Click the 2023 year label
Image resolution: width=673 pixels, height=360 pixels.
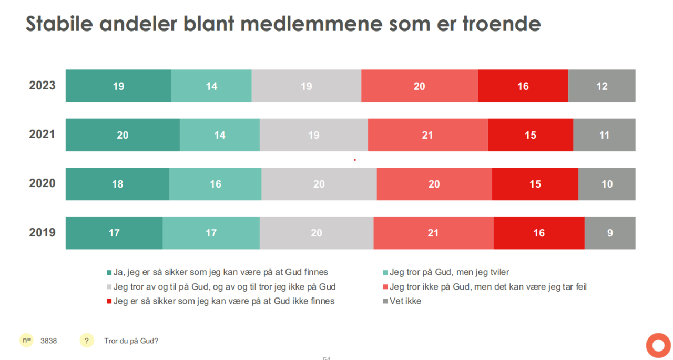[x=42, y=86]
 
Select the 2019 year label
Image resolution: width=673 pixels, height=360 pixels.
[x=42, y=232]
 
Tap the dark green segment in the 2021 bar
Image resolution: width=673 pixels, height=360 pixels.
[x=123, y=135]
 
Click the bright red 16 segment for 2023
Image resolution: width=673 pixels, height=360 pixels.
[x=523, y=86]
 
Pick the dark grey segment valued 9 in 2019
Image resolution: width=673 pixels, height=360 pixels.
[x=610, y=233]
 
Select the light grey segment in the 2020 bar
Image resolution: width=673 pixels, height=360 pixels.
[x=319, y=184]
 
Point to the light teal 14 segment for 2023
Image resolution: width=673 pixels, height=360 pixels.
[x=211, y=86]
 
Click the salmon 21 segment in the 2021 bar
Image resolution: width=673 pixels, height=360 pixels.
[x=427, y=135]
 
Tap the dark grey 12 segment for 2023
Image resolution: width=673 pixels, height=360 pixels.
[x=601, y=86]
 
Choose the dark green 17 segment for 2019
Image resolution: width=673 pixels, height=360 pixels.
[x=114, y=233]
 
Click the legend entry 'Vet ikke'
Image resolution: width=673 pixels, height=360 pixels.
[x=405, y=301]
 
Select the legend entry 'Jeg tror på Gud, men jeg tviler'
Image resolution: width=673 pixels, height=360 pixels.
[x=450, y=272]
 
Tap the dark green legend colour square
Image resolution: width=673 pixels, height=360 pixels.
[x=109, y=272]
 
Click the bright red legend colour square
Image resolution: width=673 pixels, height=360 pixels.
[x=109, y=301]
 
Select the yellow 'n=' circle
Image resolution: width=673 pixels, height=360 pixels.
[x=26, y=341]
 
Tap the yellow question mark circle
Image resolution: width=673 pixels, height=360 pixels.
[x=87, y=341]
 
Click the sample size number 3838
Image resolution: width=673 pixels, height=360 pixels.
[x=49, y=341]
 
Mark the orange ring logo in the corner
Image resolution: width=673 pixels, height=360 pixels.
[x=658, y=345]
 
